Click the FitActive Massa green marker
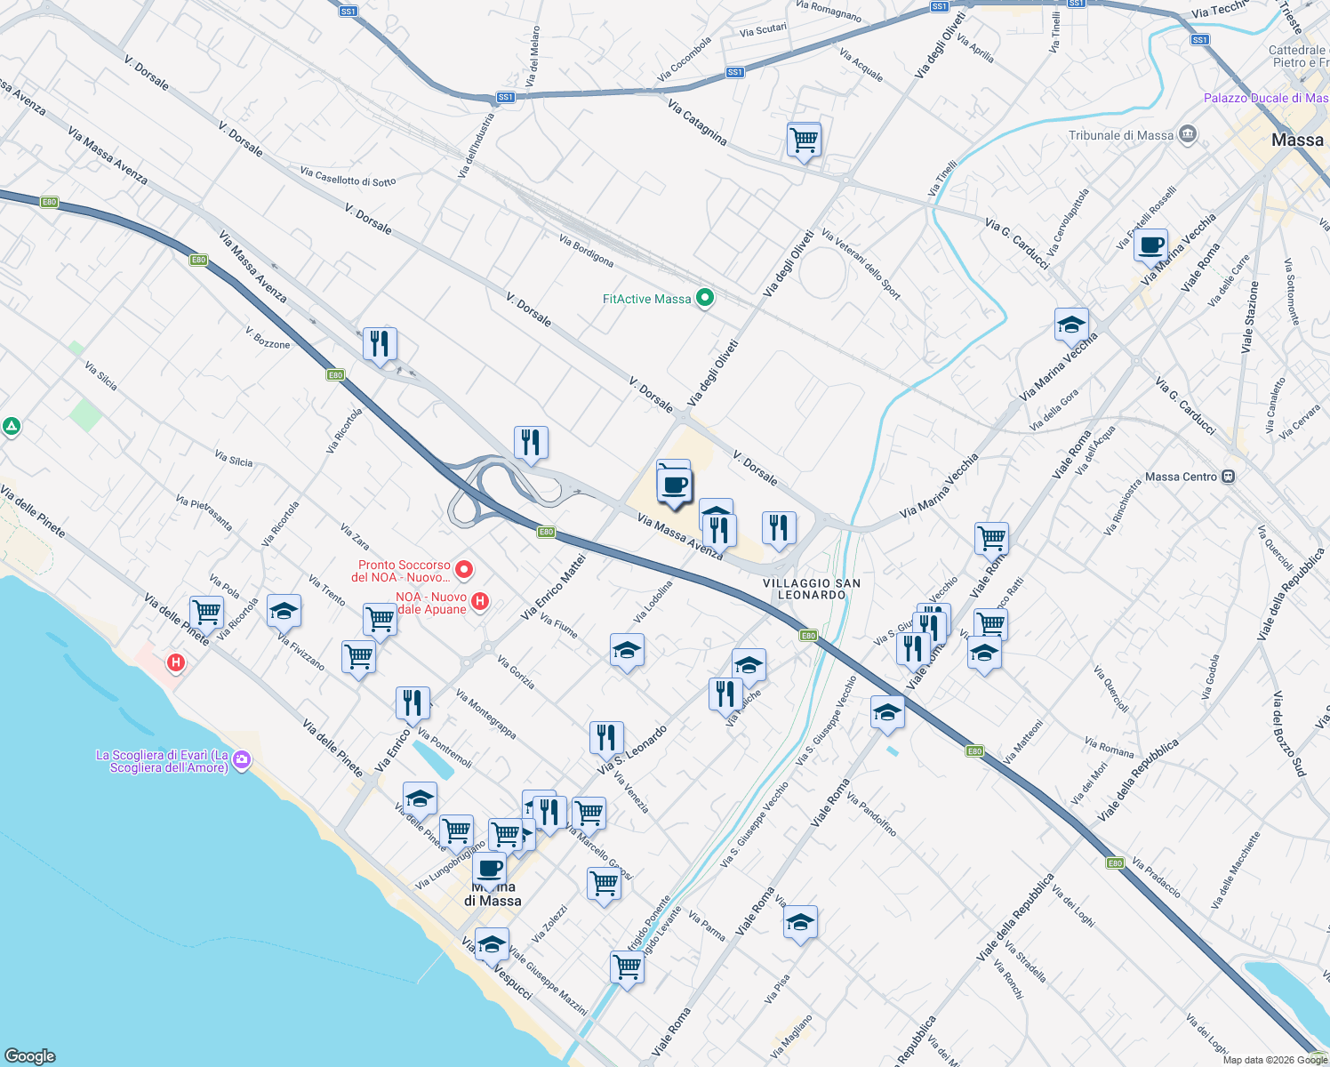click(704, 298)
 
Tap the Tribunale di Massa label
click(1121, 135)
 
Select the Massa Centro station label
click(1181, 477)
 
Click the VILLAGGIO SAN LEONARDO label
click(812, 589)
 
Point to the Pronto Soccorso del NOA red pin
click(463, 569)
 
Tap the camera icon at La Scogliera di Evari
click(242, 760)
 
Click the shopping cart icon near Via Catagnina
click(803, 139)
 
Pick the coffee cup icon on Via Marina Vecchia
click(1150, 245)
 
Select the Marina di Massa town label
click(493, 894)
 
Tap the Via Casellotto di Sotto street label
click(348, 176)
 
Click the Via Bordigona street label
click(586, 251)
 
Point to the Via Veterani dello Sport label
click(861, 264)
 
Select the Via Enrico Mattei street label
click(553, 587)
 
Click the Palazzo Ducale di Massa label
click(1265, 98)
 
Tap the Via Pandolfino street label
click(870, 814)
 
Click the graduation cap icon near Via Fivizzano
click(284, 611)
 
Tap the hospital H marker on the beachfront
click(176, 662)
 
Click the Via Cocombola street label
click(684, 60)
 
